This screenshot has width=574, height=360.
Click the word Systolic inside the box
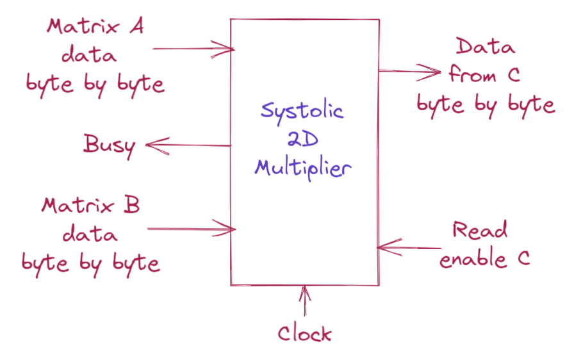[x=302, y=112]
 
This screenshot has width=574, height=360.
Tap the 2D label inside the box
[x=302, y=141]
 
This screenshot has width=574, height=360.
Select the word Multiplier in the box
[x=302, y=169]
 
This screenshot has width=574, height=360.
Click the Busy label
[x=110, y=145]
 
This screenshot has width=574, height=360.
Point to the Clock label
[x=305, y=333]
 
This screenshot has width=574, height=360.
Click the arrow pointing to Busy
[x=188, y=146]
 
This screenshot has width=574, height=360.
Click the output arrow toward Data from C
[x=410, y=71]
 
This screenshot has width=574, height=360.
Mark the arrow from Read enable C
[x=410, y=247]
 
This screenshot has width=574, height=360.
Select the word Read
[x=480, y=230]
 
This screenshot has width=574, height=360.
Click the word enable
[x=472, y=258]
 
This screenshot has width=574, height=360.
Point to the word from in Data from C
[x=473, y=75]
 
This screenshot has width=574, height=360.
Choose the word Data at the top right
[x=484, y=47]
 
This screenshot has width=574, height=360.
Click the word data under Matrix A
[x=90, y=55]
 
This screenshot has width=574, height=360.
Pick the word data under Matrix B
[x=90, y=234]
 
